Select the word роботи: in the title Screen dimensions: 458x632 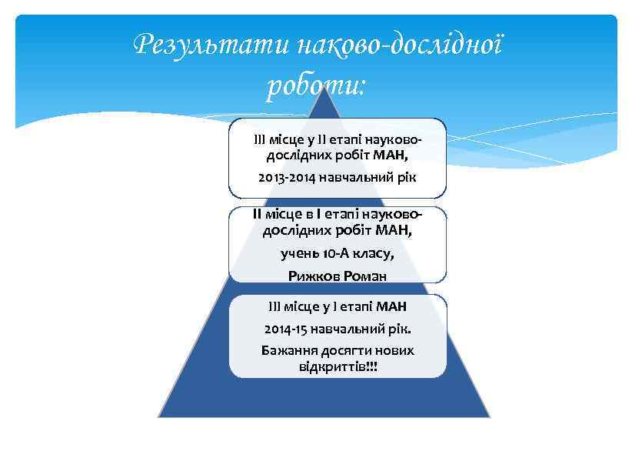316,86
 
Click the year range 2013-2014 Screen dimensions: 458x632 284,178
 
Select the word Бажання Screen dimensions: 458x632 288,350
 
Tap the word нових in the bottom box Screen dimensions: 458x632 397,350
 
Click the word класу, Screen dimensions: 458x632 374,253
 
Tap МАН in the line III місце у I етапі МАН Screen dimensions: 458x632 392,306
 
